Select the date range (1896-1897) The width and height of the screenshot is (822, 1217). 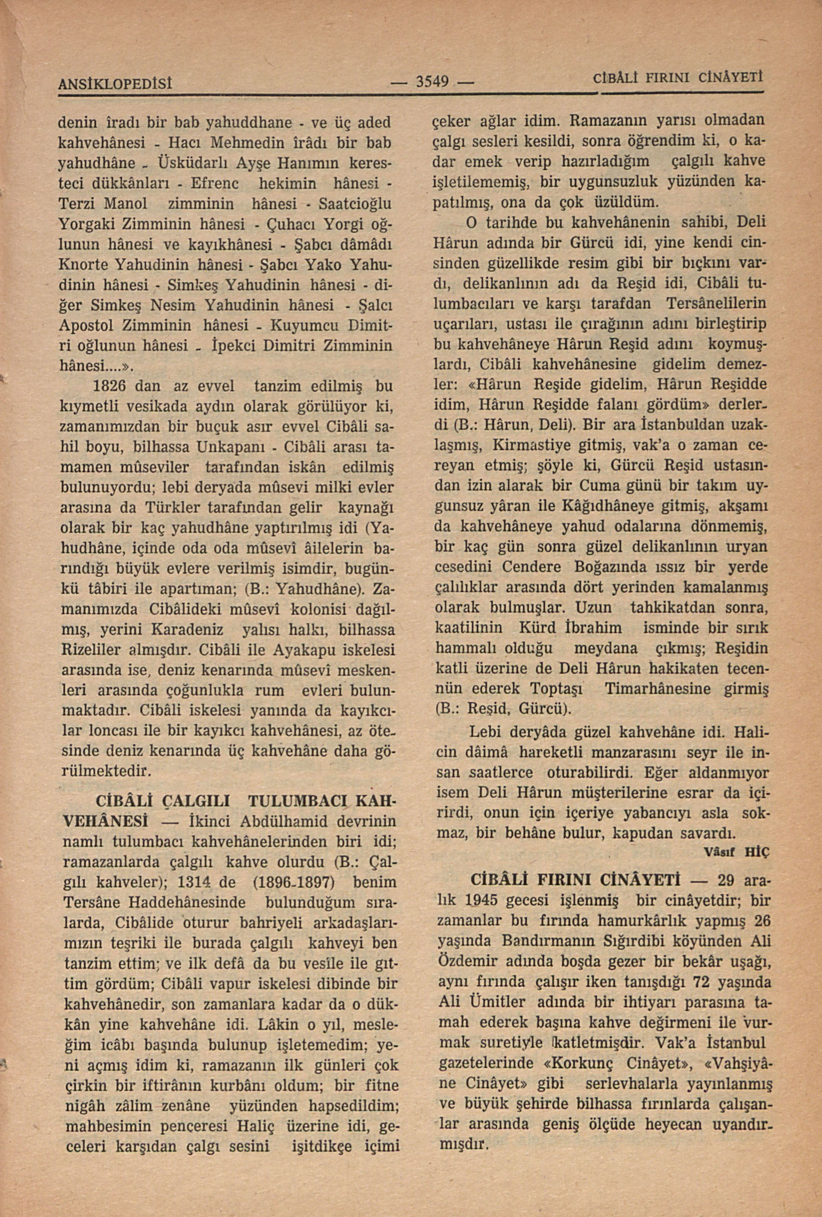[293, 883]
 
